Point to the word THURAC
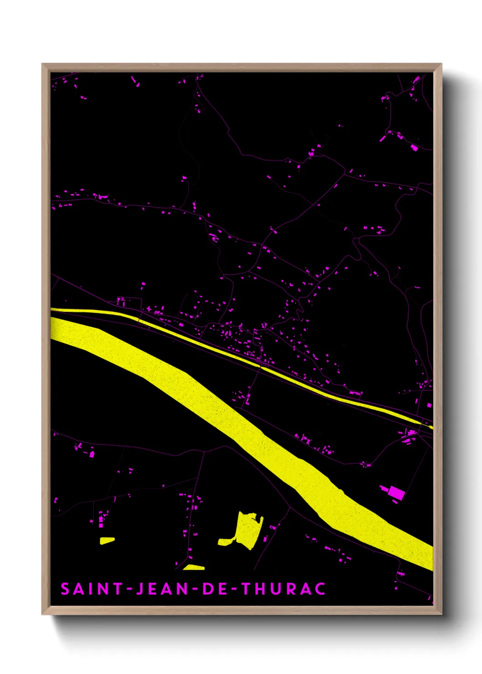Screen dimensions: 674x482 click(x=283, y=589)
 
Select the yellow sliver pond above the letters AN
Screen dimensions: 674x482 click(x=194, y=567)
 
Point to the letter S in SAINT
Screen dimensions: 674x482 click(x=65, y=589)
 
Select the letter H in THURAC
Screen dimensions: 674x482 click(x=261, y=589)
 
